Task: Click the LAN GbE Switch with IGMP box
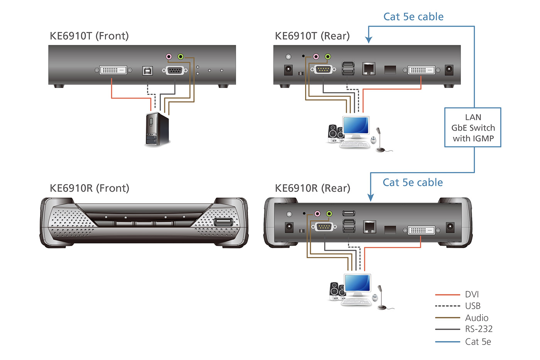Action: pos(472,128)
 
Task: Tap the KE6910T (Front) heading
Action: pos(89,36)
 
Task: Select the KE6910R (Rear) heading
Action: pos(312,188)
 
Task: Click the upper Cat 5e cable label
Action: pos(413,17)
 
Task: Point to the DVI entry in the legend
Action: pos(472,294)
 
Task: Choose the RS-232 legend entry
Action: pos(479,329)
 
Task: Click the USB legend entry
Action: pos(472,306)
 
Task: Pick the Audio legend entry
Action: pos(476,318)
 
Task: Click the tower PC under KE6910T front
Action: pos(157,130)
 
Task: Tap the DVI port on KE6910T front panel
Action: pos(113,70)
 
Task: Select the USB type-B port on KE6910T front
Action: pos(147,71)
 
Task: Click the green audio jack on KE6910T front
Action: pos(181,57)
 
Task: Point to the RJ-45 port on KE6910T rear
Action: pos(369,69)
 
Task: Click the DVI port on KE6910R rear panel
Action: pos(421,230)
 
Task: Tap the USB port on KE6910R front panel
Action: pos(223,222)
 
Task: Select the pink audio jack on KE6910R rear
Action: pos(317,213)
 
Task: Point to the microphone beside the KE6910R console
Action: pos(381,297)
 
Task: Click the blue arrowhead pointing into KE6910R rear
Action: pos(371,198)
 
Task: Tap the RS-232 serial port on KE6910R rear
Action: pos(324,226)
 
